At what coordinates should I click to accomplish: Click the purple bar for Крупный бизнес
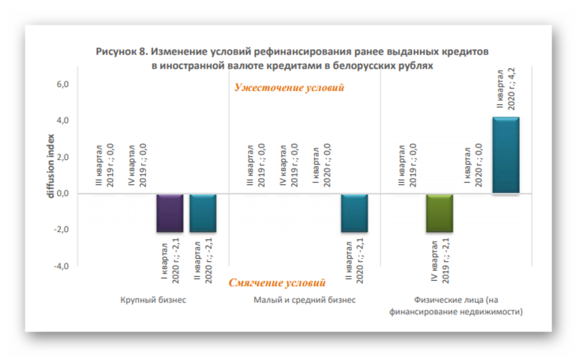pyautogui.click(x=169, y=213)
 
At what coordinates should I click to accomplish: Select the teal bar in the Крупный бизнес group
pyautogui.click(x=203, y=213)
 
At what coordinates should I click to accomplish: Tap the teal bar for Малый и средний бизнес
pyautogui.click(x=354, y=213)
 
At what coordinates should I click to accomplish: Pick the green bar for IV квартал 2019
pyautogui.click(x=440, y=213)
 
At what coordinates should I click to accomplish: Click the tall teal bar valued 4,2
pyautogui.click(x=506, y=155)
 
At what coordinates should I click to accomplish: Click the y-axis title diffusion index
pyautogui.click(x=51, y=166)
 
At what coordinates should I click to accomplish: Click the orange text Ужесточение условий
pyautogui.click(x=289, y=88)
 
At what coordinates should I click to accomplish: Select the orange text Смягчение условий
pyautogui.click(x=277, y=283)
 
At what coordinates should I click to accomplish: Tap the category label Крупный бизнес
pyautogui.click(x=153, y=300)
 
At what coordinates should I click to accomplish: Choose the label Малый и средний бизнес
pyautogui.click(x=304, y=300)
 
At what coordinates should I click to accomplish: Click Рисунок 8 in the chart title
pyautogui.click(x=122, y=52)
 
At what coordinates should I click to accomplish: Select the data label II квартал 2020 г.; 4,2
pyautogui.click(x=505, y=89)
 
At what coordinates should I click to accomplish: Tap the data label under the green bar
pyautogui.click(x=439, y=262)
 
